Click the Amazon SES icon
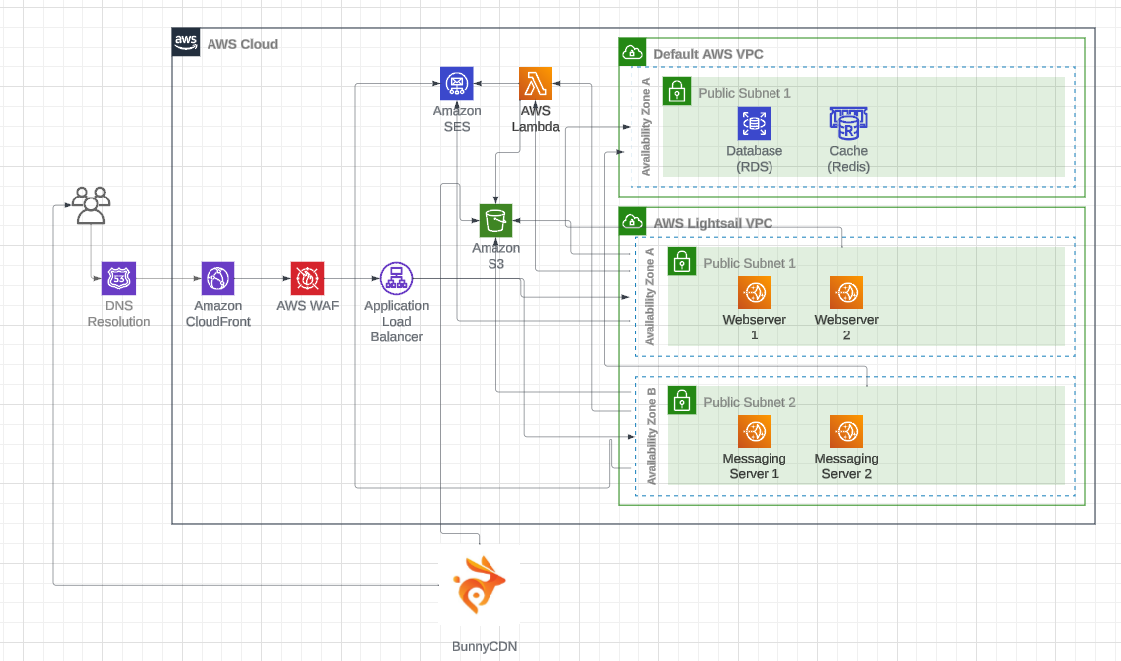[x=457, y=84]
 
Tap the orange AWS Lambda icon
[x=536, y=84]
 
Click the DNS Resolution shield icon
[x=119, y=279]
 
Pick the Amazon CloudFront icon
[x=217, y=279]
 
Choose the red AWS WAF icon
[x=307, y=279]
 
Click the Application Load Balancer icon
[x=396, y=279]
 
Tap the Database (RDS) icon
[x=754, y=124]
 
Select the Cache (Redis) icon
[x=848, y=123]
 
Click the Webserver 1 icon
[x=754, y=293]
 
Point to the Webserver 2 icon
[x=846, y=293]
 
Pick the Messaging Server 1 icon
[x=754, y=432]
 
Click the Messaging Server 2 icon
[x=846, y=432]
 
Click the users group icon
[x=90, y=204]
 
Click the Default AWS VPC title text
[x=708, y=53]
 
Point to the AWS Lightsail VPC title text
[x=711, y=221]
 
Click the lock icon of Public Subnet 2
[x=681, y=400]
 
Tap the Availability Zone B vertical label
[x=652, y=437]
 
